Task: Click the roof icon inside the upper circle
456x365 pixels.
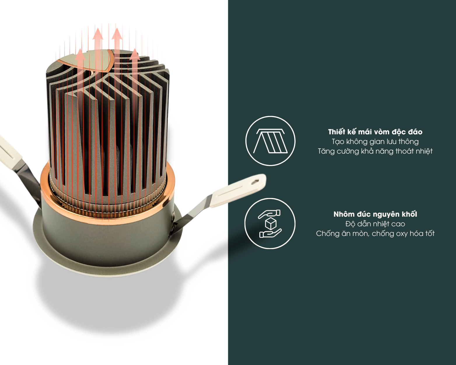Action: click(x=270, y=141)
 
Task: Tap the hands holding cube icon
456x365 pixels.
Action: click(x=270, y=224)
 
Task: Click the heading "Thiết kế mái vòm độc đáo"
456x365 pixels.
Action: click(x=375, y=132)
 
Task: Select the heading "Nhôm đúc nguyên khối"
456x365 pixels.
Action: click(x=375, y=214)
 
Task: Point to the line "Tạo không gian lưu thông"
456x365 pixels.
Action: click(x=375, y=141)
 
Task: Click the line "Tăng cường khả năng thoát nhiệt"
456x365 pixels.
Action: click(x=375, y=151)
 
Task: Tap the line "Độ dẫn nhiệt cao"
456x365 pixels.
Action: click(x=375, y=224)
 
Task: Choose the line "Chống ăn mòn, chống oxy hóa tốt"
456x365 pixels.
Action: click(x=375, y=234)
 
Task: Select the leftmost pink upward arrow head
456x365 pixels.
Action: click(x=80, y=54)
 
